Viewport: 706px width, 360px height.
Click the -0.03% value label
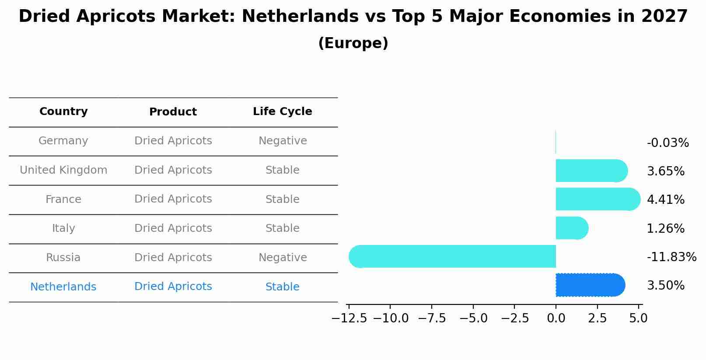668,143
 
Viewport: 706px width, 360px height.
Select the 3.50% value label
665,286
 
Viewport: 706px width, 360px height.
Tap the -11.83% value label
671,257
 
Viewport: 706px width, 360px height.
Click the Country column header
63,112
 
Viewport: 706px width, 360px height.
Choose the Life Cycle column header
282,112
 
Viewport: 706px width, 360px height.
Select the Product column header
173,112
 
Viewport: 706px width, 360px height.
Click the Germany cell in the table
63,141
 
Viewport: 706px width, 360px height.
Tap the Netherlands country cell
63,287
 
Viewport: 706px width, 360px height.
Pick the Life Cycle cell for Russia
283,258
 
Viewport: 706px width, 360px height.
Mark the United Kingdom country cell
63,170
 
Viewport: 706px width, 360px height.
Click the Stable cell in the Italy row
283,228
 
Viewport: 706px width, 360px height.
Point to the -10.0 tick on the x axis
391,318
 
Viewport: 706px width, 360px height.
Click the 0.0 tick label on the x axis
556,318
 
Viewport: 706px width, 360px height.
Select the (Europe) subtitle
353,43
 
